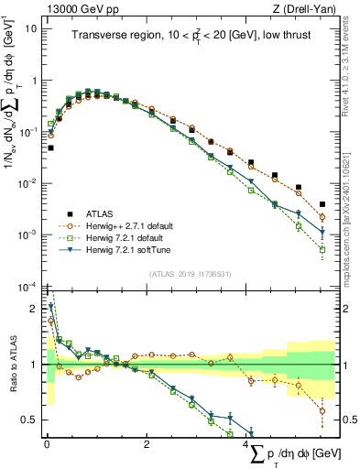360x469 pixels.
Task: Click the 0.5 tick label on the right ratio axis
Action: [347, 420]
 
